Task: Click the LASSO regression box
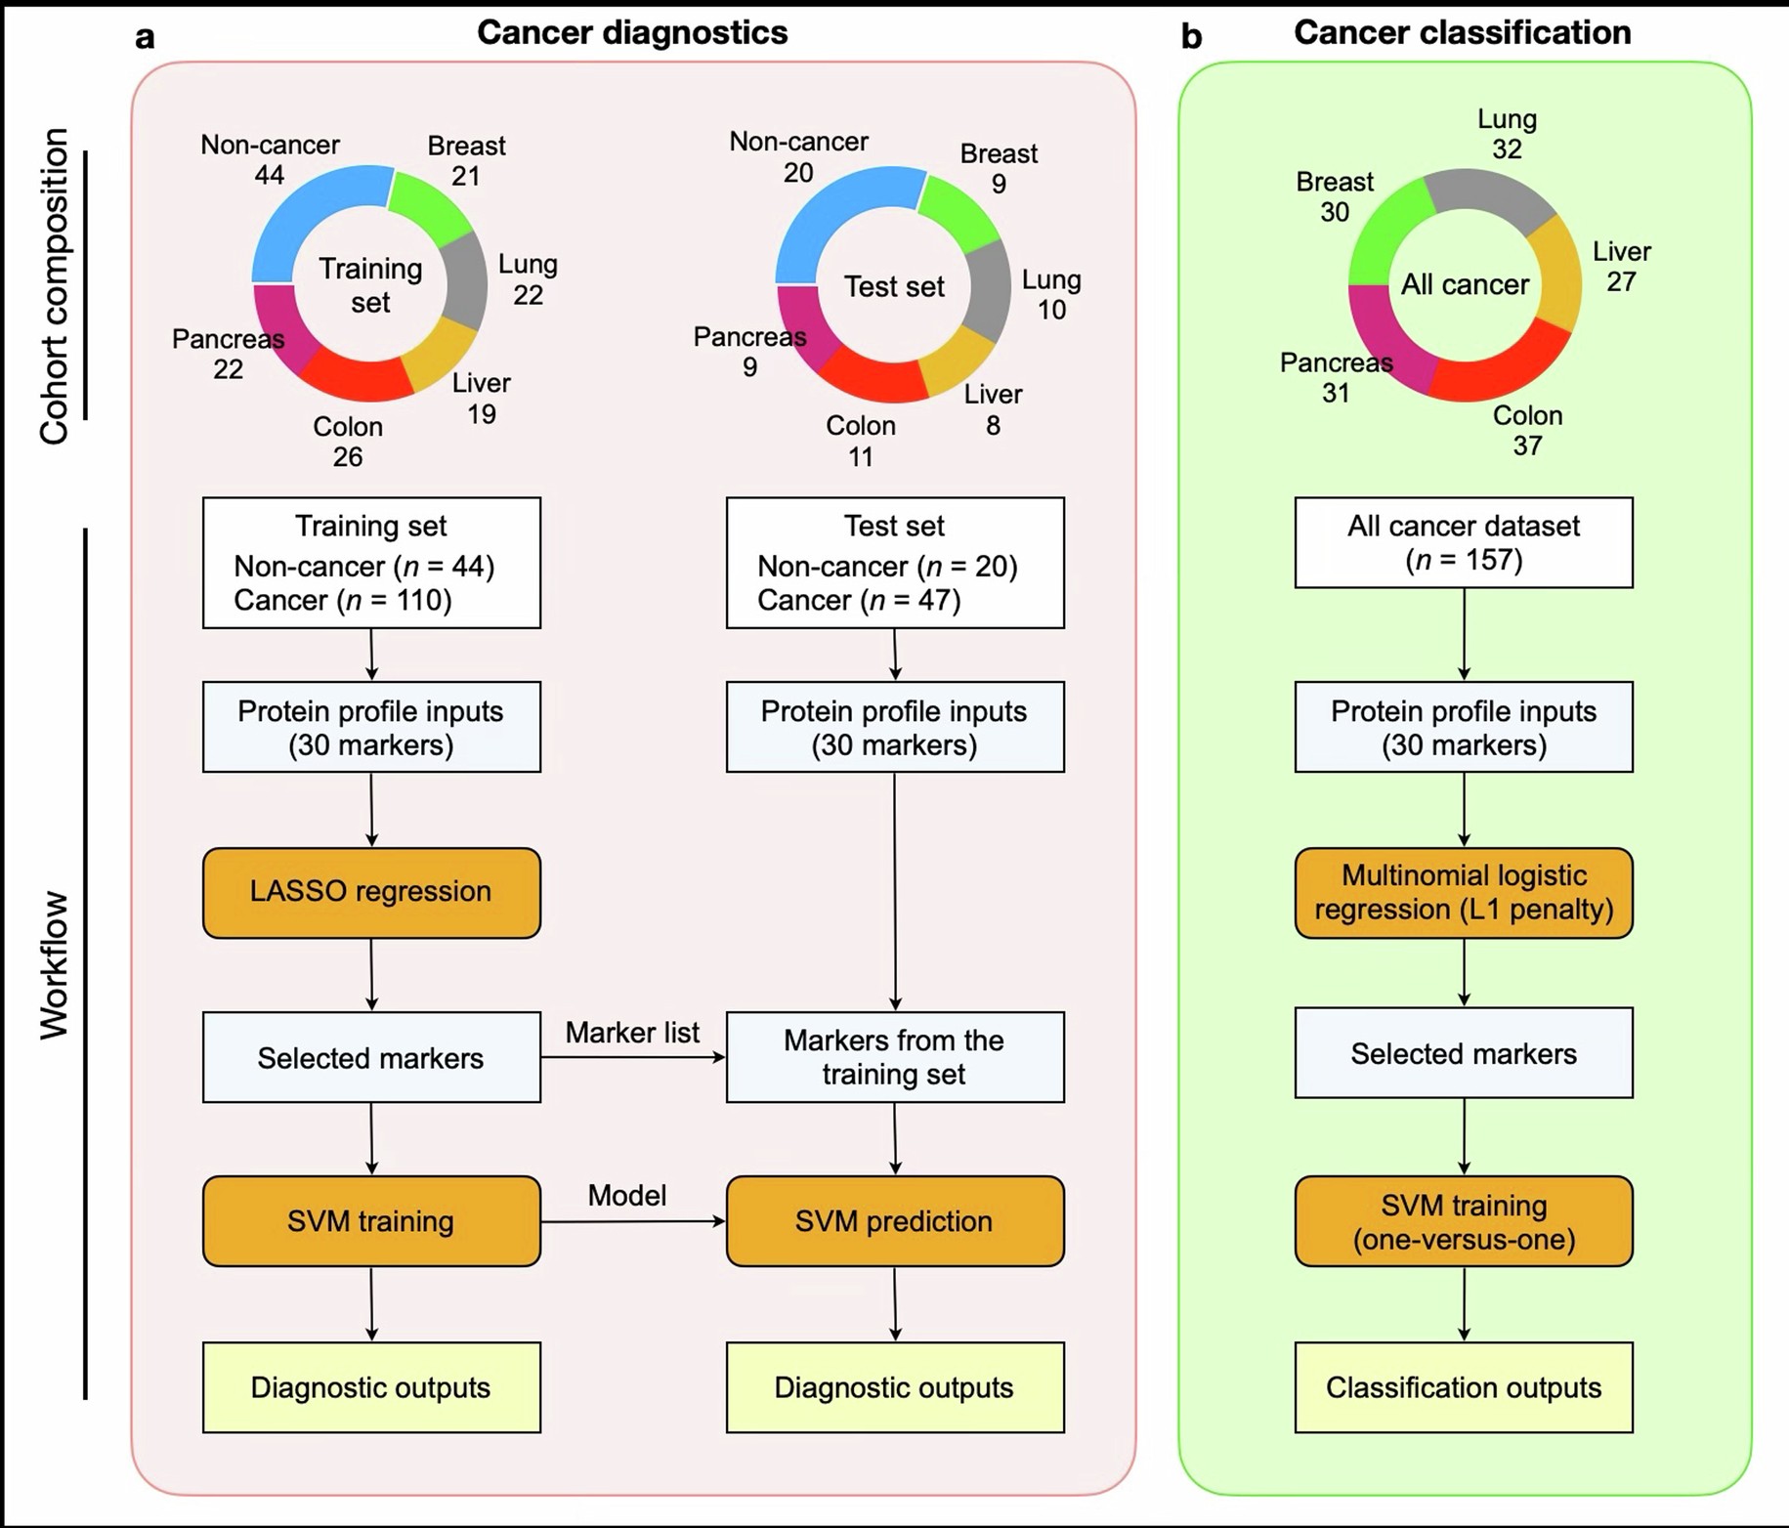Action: (x=371, y=892)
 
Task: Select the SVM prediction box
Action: (x=894, y=1221)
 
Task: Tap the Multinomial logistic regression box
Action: (x=1463, y=892)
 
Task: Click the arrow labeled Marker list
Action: (x=632, y=1056)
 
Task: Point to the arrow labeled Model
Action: (x=632, y=1221)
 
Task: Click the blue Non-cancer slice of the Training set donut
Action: (x=313, y=215)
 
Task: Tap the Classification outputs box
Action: (x=1463, y=1387)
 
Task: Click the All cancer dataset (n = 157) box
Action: (x=1463, y=542)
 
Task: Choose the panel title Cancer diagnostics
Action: (x=632, y=32)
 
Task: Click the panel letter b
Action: (x=1191, y=37)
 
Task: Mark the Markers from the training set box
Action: (x=894, y=1057)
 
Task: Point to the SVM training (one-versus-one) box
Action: (x=1463, y=1221)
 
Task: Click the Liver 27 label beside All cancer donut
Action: (x=1621, y=267)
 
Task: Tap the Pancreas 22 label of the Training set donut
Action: (x=228, y=354)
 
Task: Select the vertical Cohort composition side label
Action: (x=55, y=285)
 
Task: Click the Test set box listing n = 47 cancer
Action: (x=894, y=563)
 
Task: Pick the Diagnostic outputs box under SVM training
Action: (x=371, y=1387)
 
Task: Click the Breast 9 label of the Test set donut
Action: (x=998, y=168)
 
